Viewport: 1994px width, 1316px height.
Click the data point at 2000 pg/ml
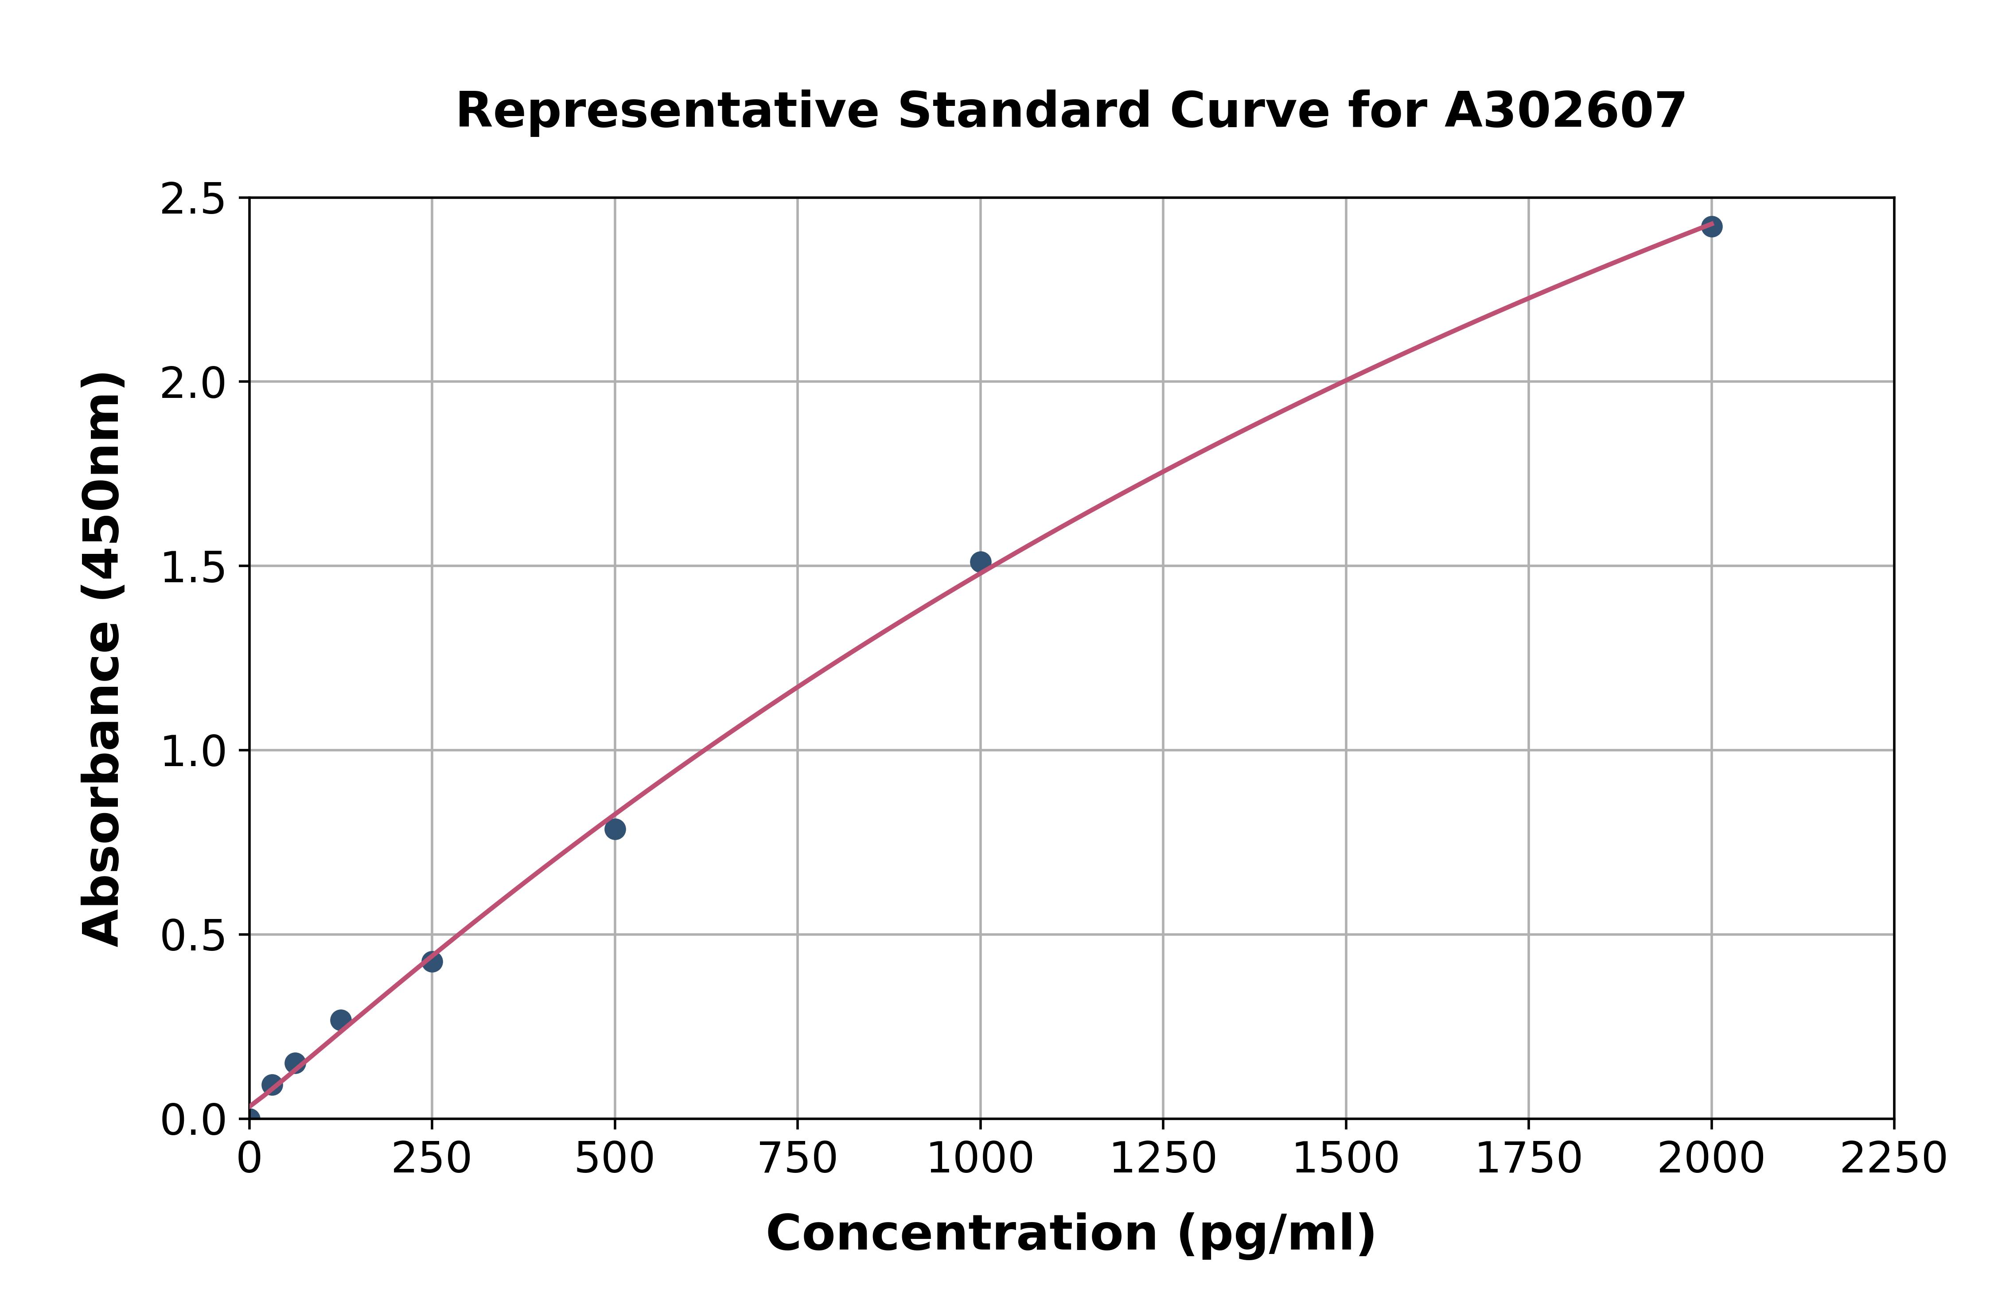1711,226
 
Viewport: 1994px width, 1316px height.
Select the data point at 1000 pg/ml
980,561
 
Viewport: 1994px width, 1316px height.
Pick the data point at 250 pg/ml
432,962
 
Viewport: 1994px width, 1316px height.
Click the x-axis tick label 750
797,1159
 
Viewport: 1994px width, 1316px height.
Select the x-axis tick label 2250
1893,1159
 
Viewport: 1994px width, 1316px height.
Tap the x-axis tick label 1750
1528,1159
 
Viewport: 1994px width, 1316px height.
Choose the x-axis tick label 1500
1345,1159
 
